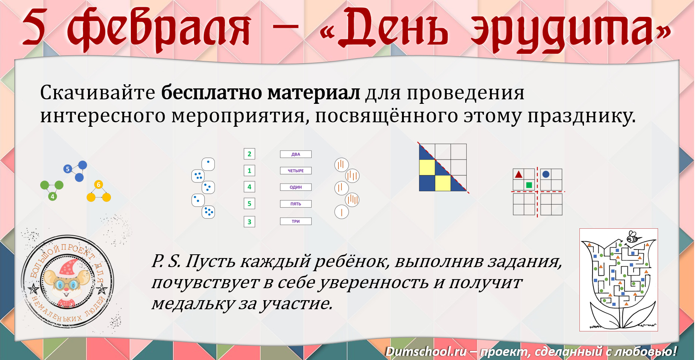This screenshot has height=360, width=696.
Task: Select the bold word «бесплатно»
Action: (211, 93)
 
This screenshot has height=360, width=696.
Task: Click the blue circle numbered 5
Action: (68, 169)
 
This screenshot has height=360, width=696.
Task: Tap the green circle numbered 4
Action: (52, 196)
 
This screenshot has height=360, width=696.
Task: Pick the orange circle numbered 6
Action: (99, 184)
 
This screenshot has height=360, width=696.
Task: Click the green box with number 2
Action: (249, 154)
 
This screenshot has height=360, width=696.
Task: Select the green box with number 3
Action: (249, 222)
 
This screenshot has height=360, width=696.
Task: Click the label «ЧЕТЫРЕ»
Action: (296, 171)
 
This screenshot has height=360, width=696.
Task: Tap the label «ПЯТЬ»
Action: (296, 204)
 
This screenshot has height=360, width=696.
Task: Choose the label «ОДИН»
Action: (296, 187)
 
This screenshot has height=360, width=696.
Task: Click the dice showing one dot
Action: (208, 164)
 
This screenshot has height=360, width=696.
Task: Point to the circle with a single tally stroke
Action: (341, 212)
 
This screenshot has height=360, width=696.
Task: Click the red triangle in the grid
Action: (519, 174)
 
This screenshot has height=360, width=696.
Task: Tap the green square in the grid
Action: (529, 185)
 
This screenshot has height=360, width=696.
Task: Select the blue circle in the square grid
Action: (546, 174)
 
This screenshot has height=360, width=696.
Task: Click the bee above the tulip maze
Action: (633, 237)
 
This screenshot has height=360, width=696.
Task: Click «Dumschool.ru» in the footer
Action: (426, 351)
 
